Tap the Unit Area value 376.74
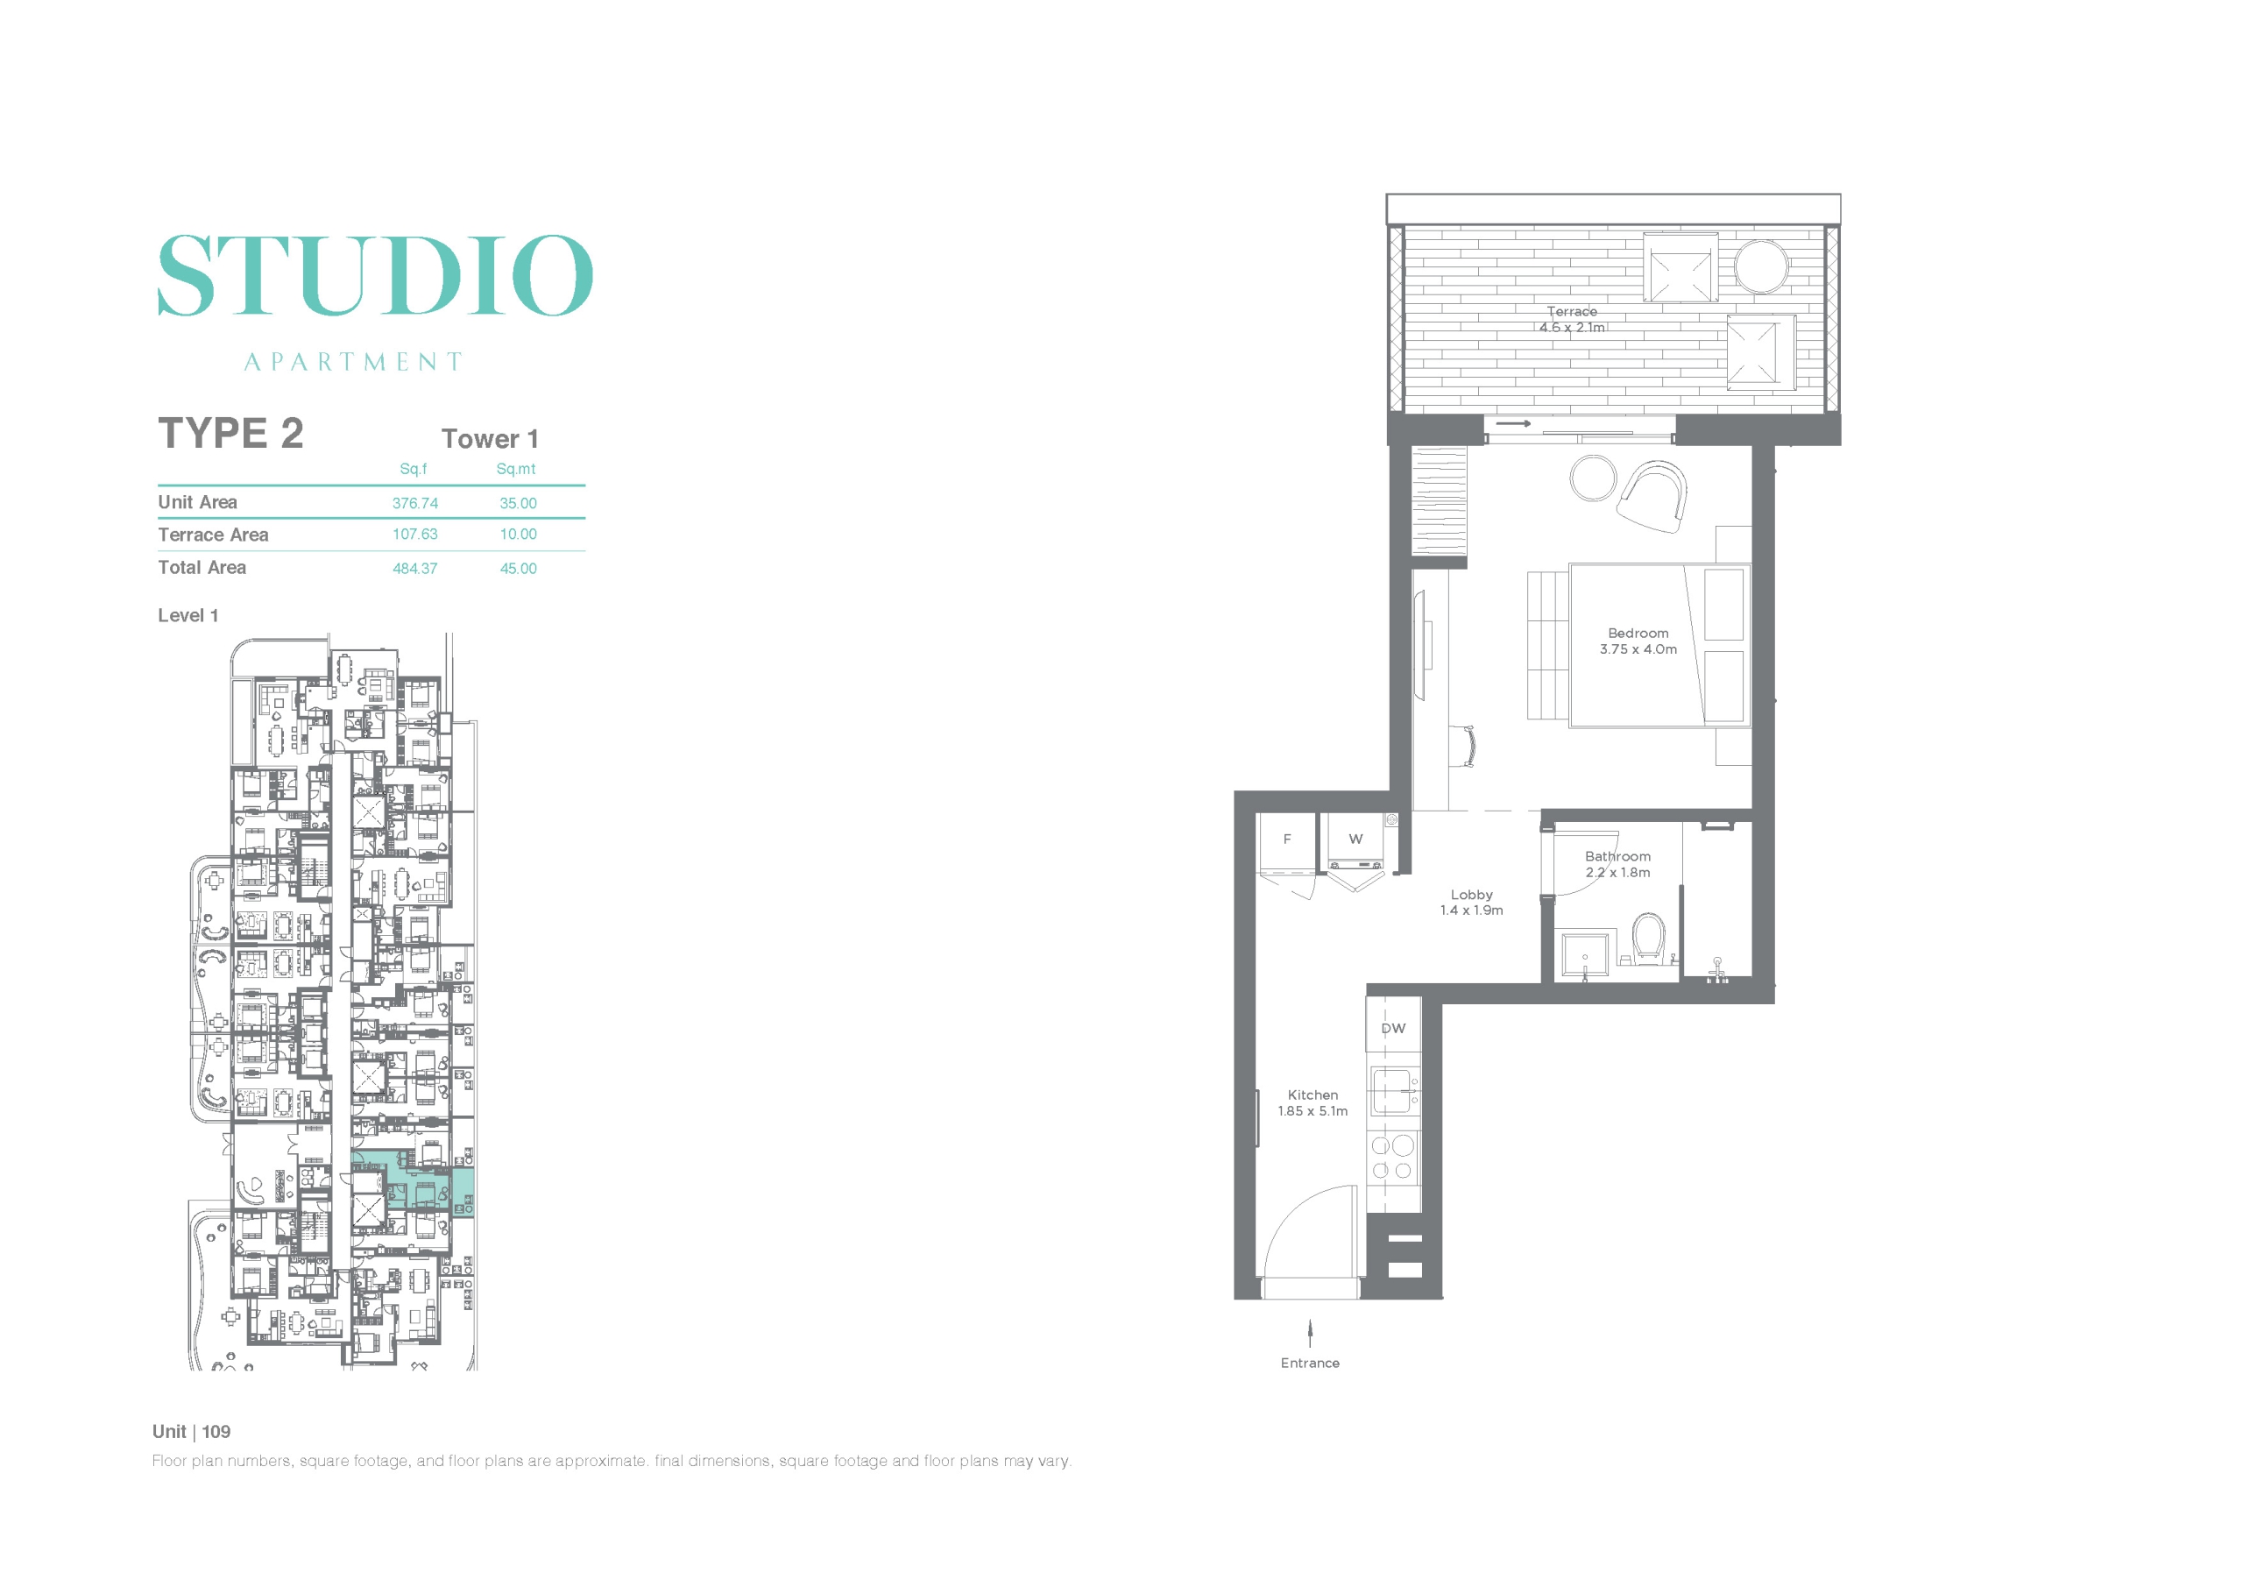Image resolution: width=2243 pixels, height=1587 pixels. (x=415, y=503)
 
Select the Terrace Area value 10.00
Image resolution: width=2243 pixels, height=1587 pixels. (x=518, y=535)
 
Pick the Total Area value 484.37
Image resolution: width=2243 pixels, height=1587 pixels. (x=415, y=569)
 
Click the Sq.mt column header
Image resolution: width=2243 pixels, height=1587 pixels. (x=516, y=469)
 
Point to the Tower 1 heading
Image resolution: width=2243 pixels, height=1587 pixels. (x=490, y=439)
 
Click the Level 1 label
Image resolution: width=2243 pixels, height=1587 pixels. (x=188, y=616)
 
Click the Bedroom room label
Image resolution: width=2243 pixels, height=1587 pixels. (x=1638, y=634)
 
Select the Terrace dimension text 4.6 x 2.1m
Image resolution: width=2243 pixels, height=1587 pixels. (x=1572, y=329)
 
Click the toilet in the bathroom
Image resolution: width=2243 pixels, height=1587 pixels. (x=1649, y=939)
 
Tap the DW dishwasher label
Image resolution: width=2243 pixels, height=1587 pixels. (x=1393, y=1029)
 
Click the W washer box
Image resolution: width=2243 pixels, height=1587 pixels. (x=1355, y=841)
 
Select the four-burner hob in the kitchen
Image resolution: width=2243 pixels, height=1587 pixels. (x=1393, y=1158)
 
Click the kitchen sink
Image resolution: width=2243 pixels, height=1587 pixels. (x=1391, y=1092)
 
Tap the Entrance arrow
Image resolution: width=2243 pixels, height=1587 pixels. (x=1310, y=1334)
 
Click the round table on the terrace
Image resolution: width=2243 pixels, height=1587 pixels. (x=1761, y=266)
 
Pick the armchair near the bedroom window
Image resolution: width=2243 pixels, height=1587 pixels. (x=1653, y=496)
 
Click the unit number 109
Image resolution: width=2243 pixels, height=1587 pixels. (x=216, y=1432)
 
